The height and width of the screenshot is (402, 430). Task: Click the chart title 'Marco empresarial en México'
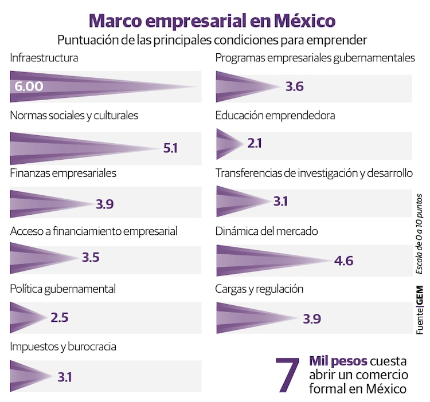click(212, 21)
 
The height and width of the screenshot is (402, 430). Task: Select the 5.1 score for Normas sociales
click(170, 148)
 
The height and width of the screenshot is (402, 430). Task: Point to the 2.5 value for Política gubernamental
click(60, 318)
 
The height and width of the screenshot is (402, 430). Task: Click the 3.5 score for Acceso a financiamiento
click(91, 257)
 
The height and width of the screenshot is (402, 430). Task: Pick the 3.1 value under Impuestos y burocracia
click(65, 377)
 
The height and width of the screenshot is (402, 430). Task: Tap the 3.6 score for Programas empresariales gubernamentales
click(294, 87)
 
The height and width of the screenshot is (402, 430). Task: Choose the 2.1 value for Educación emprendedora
click(255, 143)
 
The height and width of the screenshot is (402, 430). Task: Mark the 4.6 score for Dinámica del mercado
click(343, 261)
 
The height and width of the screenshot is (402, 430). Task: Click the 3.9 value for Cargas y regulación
click(311, 319)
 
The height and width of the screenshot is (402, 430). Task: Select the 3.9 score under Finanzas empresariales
click(105, 204)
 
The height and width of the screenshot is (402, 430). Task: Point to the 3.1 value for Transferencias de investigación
click(280, 202)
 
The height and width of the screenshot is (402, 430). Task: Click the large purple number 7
click(288, 375)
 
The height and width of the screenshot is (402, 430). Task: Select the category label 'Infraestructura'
click(44, 58)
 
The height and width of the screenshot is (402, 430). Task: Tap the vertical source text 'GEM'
click(420, 295)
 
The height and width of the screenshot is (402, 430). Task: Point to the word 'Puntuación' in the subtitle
click(88, 40)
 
